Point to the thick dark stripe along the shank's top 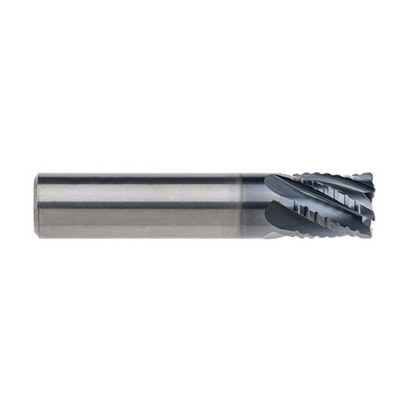(x=135, y=180)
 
